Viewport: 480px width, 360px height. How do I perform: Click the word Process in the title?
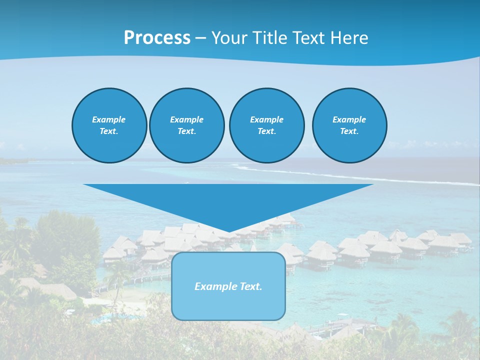coord(157,38)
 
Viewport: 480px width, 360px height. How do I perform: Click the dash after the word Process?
coord(200,38)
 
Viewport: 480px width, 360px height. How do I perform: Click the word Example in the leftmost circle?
coord(108,119)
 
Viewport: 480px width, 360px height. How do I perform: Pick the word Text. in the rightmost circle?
coord(349,131)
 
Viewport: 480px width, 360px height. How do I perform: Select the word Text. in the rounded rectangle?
coord(250,286)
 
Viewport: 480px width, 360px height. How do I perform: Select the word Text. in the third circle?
coord(266,131)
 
